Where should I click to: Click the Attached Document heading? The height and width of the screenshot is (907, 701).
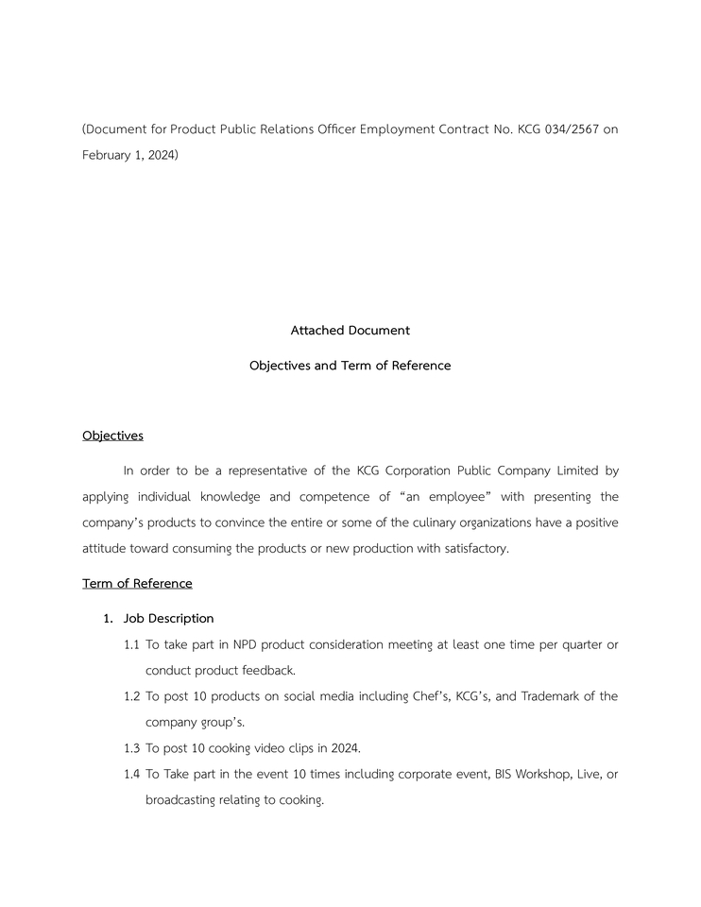[350, 331]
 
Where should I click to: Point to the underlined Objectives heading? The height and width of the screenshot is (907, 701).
[112, 436]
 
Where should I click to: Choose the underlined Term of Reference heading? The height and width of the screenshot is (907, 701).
[137, 583]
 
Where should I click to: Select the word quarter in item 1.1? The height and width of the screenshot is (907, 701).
[575, 644]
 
